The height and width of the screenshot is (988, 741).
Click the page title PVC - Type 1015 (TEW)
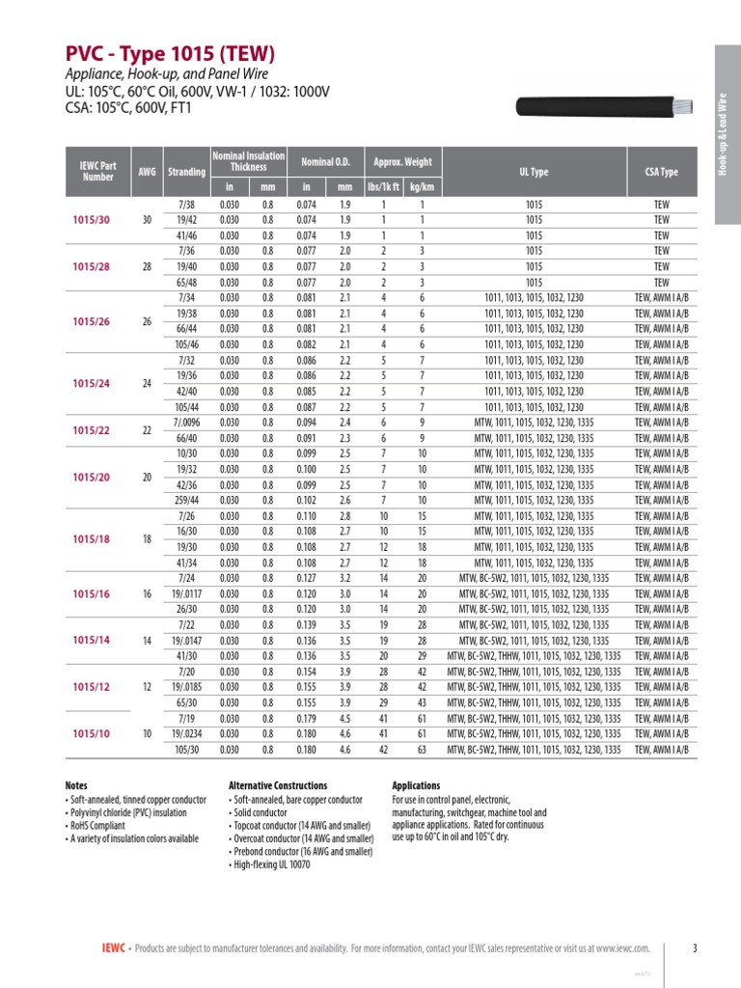[x=170, y=53]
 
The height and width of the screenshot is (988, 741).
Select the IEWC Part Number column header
[x=98, y=172]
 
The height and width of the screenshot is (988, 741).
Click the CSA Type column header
[x=661, y=172]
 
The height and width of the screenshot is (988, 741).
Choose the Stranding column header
[x=186, y=172]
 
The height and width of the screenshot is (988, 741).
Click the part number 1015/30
[x=92, y=220]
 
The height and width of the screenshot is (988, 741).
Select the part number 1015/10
[x=92, y=734]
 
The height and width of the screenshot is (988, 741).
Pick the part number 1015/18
[x=92, y=539]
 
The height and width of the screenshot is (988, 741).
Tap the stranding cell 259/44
[x=186, y=500]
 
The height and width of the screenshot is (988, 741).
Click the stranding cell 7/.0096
[x=186, y=423]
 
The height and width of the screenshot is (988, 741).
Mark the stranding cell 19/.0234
[x=186, y=734]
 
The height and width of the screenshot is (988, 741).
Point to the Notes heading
[x=76, y=785]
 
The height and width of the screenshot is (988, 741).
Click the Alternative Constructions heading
[x=278, y=785]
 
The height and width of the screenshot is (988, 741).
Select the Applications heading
[x=416, y=785]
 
